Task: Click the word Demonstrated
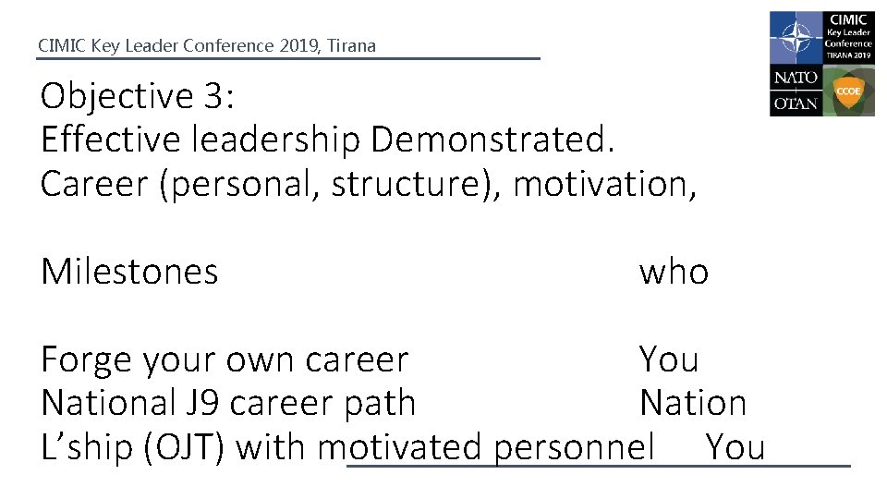[492, 140]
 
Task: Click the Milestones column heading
[129, 272]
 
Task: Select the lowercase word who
[674, 272]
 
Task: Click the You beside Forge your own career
[670, 359]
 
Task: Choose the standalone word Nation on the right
[693, 403]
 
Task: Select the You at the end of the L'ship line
[735, 447]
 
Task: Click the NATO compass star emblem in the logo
[794, 37]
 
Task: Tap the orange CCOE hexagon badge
[848, 91]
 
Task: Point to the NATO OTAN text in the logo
[796, 91]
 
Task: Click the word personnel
[574, 447]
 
